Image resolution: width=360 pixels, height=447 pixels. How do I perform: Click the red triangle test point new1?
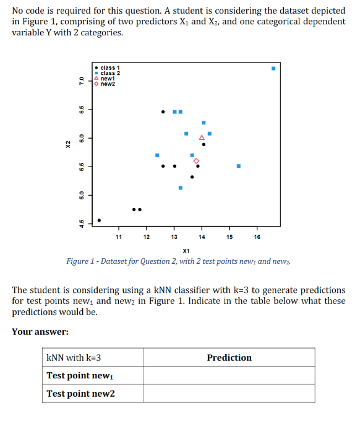[x=202, y=137]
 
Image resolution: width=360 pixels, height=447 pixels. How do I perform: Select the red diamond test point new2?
[x=196, y=161]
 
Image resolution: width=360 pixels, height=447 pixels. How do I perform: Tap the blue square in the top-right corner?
[x=273, y=68]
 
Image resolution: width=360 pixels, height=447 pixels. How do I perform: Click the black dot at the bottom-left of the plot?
[x=100, y=220]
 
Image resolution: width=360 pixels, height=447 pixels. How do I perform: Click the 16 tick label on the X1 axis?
[x=257, y=237]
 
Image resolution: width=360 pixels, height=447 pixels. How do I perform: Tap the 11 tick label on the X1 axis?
[x=118, y=237]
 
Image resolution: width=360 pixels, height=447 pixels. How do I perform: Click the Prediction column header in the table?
[x=229, y=358]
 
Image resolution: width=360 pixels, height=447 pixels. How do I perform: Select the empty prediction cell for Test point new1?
[x=229, y=376]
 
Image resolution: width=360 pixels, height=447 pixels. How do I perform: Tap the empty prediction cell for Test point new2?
[x=229, y=394]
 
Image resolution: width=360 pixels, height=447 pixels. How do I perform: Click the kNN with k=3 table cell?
[x=74, y=358]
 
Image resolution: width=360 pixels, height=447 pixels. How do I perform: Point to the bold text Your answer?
[x=40, y=332]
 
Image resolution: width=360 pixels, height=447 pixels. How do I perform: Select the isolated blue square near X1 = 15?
[x=239, y=166]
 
